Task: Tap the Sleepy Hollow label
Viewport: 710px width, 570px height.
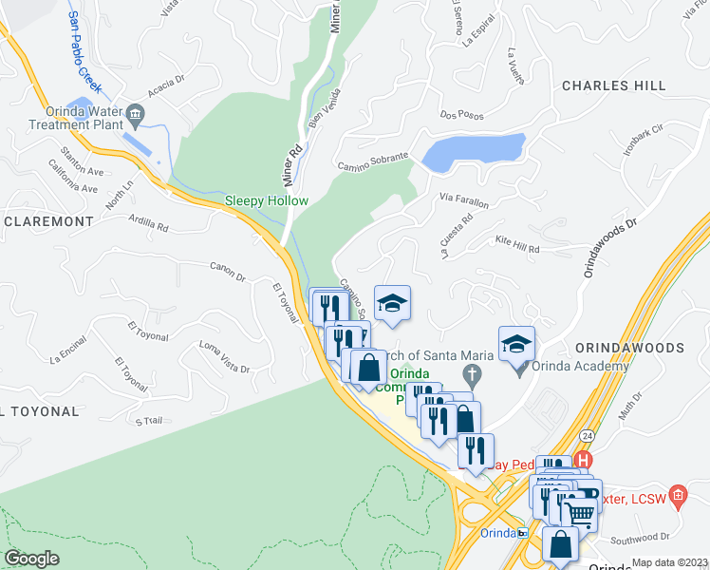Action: pyautogui.click(x=253, y=200)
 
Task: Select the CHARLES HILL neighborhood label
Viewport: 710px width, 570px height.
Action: pyautogui.click(x=614, y=85)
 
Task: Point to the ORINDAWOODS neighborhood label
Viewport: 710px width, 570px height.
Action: pyautogui.click(x=628, y=349)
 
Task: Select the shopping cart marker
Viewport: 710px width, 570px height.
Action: pyautogui.click(x=579, y=512)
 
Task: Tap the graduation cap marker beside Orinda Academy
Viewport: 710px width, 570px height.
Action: pyautogui.click(x=516, y=345)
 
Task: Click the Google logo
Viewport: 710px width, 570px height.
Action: pyautogui.click(x=31, y=559)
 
